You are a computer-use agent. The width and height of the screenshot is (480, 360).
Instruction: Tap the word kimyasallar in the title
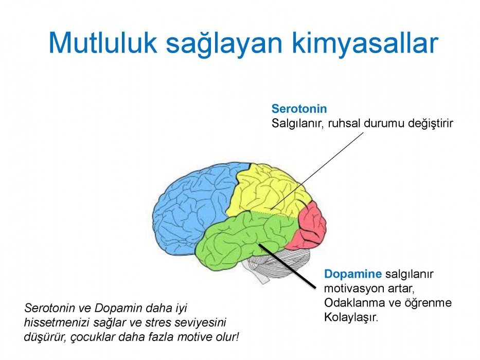pos(365,44)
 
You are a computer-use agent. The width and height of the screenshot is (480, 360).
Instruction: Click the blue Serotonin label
pos(299,109)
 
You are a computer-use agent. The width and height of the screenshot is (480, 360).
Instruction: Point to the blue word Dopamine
pos(352,274)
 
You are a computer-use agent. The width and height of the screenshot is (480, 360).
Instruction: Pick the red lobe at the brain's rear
pos(311,225)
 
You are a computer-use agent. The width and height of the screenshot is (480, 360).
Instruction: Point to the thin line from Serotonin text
pos(317,171)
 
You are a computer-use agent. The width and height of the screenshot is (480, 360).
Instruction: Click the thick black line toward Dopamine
pos(287,266)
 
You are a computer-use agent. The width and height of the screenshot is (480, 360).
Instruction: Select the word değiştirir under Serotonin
pos(431,123)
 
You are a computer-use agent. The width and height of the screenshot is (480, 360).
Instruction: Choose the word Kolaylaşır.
pos(351,317)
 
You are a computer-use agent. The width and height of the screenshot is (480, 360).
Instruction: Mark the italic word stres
pos(156,322)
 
